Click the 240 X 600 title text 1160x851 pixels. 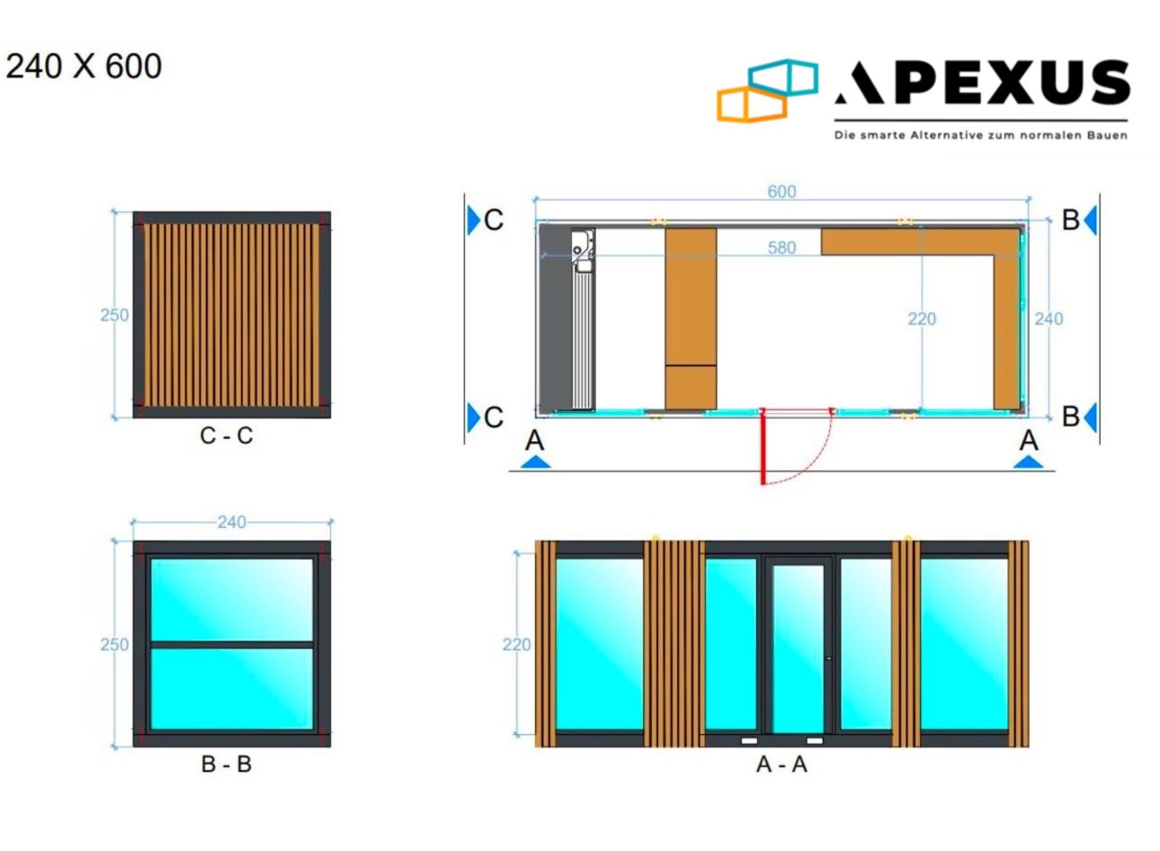tap(84, 67)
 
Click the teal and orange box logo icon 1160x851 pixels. tap(767, 90)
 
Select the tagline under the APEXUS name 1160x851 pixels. tap(980, 136)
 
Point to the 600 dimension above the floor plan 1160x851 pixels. tap(781, 192)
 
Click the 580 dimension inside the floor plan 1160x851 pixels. tap(781, 247)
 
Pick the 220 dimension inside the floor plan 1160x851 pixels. tap(921, 318)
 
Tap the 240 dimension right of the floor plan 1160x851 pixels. tap(1048, 318)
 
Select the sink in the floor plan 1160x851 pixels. tap(582, 244)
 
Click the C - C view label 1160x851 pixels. tap(227, 435)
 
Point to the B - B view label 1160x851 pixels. tap(227, 764)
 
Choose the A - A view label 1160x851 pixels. tap(781, 764)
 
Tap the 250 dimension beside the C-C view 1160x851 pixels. tap(114, 315)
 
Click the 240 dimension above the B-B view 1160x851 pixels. tap(231, 522)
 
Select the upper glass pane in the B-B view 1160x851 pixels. tap(231, 599)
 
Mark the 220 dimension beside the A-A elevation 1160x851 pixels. tap(516, 644)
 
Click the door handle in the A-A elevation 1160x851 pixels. tap(827, 658)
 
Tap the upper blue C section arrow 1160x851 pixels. tap(473, 219)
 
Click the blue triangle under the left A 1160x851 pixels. tap(535, 462)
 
